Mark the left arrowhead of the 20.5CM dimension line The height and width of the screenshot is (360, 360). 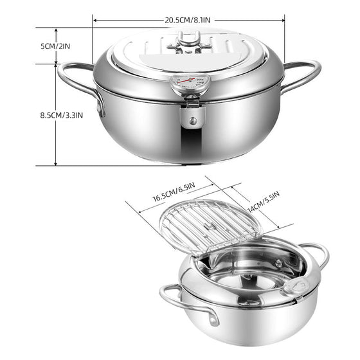(x=94, y=20)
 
